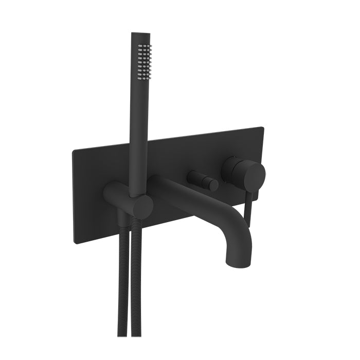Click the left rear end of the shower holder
click(109, 192)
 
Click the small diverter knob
click(202, 179)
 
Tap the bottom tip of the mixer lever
click(248, 224)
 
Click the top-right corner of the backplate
click(262, 128)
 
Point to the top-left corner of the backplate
click(74, 151)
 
